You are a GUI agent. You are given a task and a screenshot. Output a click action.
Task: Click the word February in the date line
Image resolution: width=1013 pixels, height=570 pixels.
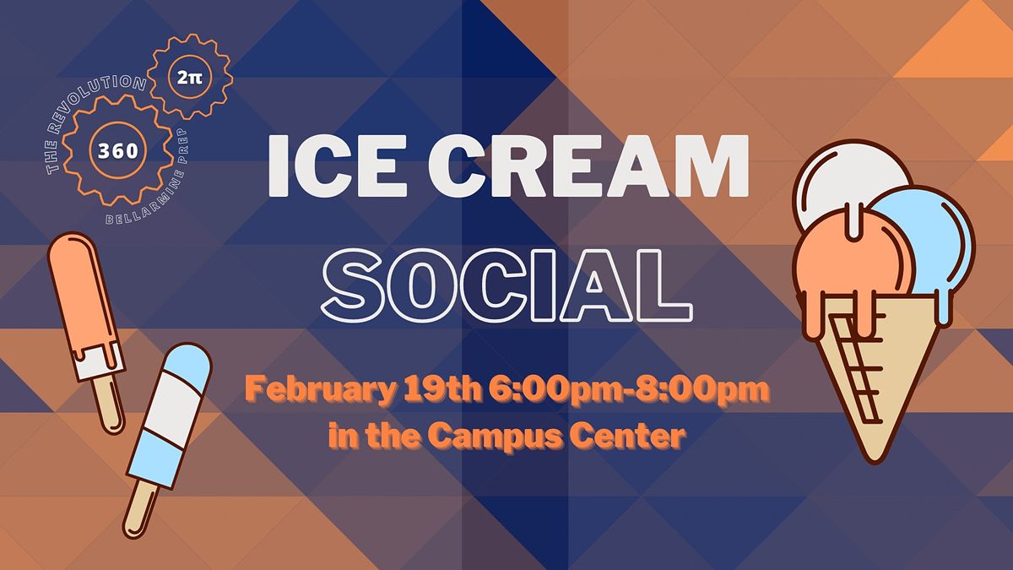309,391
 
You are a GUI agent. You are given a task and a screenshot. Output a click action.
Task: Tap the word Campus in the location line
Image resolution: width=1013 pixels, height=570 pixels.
499,437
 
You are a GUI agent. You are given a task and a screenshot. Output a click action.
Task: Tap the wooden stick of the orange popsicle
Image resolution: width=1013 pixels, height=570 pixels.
109,405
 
